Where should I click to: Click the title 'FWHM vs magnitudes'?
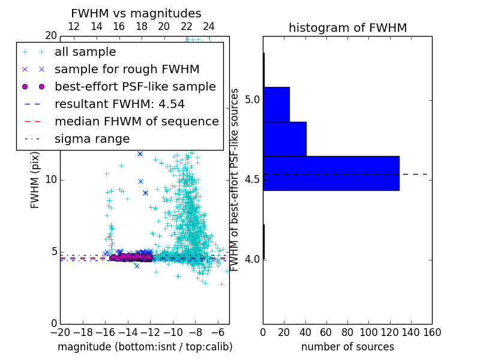coord(136,13)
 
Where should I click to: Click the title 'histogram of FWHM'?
coord(347,28)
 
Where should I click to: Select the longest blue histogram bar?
coord(331,173)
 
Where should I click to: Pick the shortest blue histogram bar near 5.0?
coord(276,104)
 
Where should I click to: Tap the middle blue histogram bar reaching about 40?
coord(284,139)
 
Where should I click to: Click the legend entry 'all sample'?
coord(85,52)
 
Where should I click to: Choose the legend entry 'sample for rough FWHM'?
coord(127,69)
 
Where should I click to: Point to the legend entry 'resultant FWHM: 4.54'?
coord(119,104)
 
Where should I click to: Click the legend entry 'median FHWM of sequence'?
coord(136,121)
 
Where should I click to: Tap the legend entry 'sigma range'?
coord(92,139)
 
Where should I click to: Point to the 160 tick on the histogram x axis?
coord(432,332)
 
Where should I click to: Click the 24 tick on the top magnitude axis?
coord(209,26)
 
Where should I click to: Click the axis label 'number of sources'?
coord(347,347)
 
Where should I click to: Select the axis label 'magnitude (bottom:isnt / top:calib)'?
coord(145,347)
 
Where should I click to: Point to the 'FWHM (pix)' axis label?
coord(35,180)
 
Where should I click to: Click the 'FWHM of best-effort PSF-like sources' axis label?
coord(235,180)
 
